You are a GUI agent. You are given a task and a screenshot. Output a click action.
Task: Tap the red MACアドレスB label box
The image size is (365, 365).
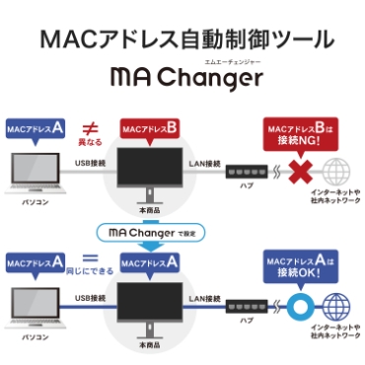coord(149,129)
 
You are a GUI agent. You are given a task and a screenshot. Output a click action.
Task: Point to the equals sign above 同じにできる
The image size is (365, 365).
coord(86,258)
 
